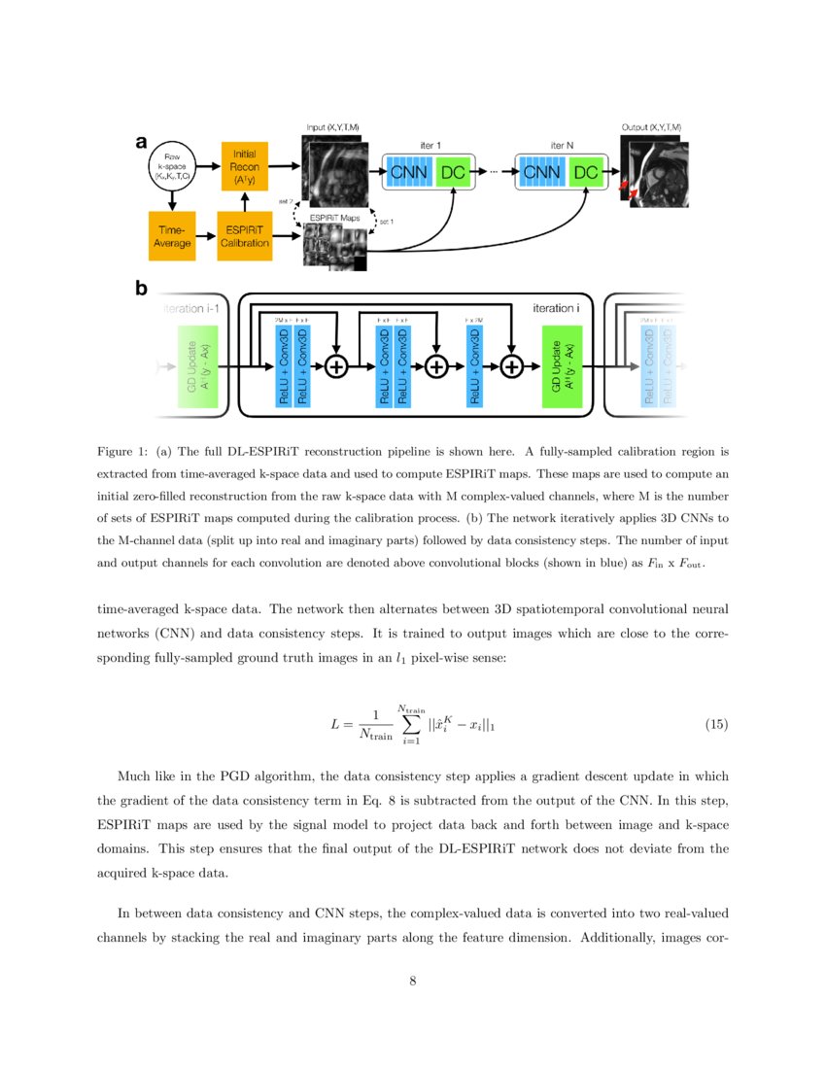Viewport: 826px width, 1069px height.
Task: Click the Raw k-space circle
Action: tap(171, 169)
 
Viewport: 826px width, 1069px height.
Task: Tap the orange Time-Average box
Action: tap(172, 237)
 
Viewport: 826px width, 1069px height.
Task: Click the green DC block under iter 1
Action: tap(454, 173)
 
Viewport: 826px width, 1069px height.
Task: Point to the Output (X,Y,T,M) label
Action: tap(650, 127)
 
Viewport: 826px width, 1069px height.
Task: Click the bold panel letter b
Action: tap(142, 289)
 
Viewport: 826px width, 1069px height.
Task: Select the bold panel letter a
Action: tap(141, 143)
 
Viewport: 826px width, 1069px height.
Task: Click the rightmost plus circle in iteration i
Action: tap(510, 366)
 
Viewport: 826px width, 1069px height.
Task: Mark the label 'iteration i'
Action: tap(553, 307)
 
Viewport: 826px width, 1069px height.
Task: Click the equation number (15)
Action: tap(715, 725)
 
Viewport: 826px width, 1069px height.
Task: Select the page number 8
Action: tap(412, 981)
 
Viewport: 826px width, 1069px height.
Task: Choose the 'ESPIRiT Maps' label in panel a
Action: tap(332, 218)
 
